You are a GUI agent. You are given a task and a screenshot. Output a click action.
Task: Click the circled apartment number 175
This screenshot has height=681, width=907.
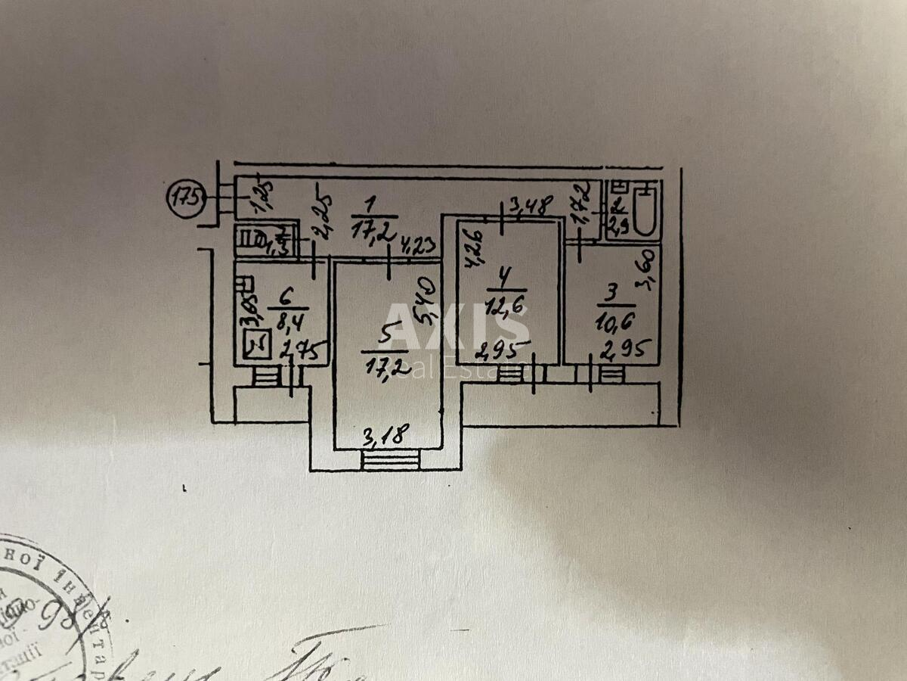[x=184, y=200]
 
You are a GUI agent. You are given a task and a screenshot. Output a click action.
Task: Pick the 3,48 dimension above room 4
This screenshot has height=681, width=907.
[x=531, y=205]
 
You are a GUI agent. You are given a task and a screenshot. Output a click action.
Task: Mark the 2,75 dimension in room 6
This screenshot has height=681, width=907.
[x=304, y=350]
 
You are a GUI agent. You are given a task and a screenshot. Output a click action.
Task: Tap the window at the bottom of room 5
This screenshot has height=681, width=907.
[x=390, y=459]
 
